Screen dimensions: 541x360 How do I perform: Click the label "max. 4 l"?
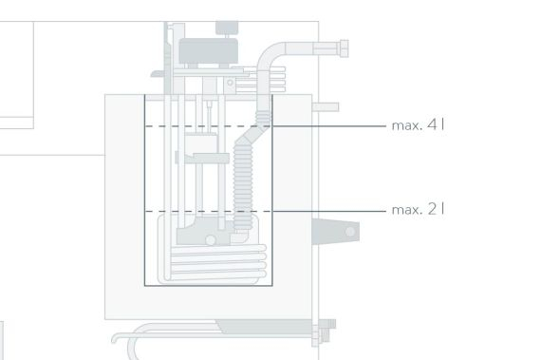click(418, 125)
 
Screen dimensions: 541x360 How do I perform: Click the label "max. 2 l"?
click(418, 210)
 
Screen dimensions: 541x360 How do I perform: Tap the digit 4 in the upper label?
click(432, 124)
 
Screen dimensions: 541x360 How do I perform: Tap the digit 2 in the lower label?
click(432, 209)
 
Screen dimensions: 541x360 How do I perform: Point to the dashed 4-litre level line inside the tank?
click(209, 126)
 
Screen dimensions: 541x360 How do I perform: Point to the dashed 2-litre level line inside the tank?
click(209, 211)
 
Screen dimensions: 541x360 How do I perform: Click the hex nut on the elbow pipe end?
click(344, 48)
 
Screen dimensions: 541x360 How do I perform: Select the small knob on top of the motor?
click(227, 28)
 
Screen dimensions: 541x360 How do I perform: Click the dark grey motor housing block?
click(209, 51)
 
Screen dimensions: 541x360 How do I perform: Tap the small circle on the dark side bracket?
click(350, 232)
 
